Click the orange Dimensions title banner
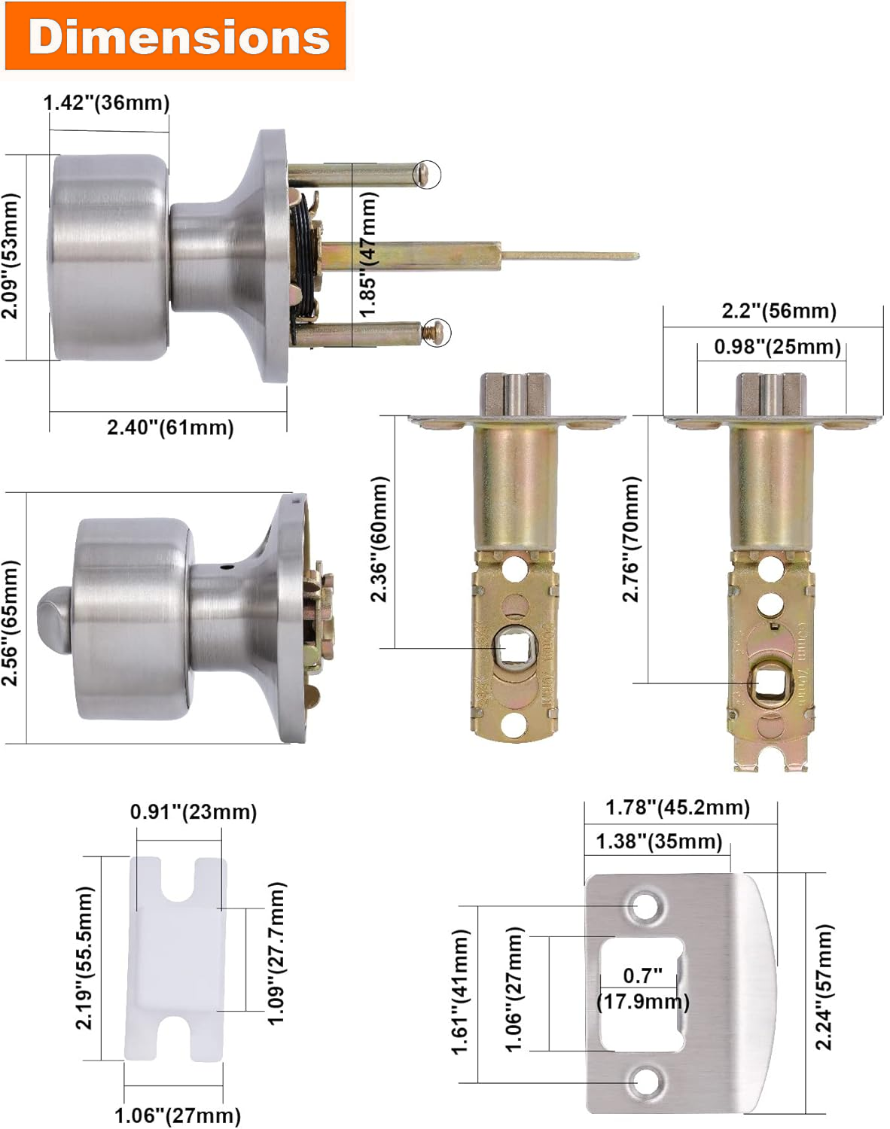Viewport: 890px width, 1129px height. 175,35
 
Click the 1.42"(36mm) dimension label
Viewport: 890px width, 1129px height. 106,102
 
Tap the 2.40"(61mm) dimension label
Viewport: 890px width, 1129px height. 170,428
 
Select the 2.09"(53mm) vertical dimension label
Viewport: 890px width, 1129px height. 10,256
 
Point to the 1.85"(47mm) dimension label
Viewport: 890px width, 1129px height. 368,254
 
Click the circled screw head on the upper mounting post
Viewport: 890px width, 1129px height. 427,174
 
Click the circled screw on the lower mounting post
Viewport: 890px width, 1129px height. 437,332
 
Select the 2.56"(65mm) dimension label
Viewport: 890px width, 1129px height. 10,622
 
